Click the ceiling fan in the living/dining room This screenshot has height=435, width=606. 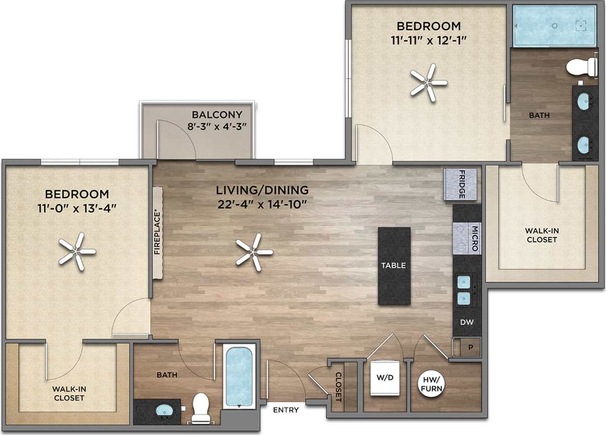click(x=254, y=252)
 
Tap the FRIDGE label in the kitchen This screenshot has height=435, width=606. click(x=462, y=185)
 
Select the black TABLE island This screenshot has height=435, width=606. click(x=394, y=266)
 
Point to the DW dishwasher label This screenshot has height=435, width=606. click(x=466, y=323)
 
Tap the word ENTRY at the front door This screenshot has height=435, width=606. click(x=286, y=409)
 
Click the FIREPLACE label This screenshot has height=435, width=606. click(x=158, y=233)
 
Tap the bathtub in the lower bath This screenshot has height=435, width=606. click(x=239, y=376)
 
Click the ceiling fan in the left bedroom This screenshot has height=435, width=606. click(x=77, y=251)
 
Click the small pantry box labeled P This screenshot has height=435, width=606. click(x=470, y=347)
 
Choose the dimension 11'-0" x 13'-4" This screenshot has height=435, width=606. click(x=76, y=208)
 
